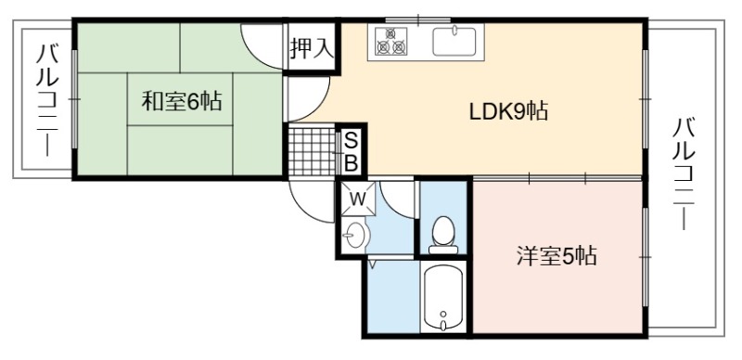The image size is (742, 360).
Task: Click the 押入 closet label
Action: click(x=312, y=48)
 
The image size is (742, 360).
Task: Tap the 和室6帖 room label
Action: click(x=182, y=101)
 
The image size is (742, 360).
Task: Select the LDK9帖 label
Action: click(x=508, y=111)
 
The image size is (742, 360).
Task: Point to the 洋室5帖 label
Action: click(x=556, y=256)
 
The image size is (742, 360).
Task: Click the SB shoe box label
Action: click(x=351, y=151)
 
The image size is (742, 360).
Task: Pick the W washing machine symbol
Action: click(x=358, y=199)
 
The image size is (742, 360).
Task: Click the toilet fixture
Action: click(x=443, y=235)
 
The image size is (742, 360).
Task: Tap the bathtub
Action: click(x=443, y=297)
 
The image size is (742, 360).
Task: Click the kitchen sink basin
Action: click(x=454, y=42)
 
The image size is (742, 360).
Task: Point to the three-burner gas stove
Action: click(x=390, y=41)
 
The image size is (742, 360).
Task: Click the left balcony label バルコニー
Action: click(x=47, y=99)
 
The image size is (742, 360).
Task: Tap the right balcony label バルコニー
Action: click(x=684, y=174)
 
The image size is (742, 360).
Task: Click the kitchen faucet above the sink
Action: click(x=454, y=30)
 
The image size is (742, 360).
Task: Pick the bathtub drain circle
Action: click(x=443, y=314)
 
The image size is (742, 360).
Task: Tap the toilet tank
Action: click(x=443, y=250)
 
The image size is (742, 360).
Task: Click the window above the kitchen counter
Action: click(x=418, y=20)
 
